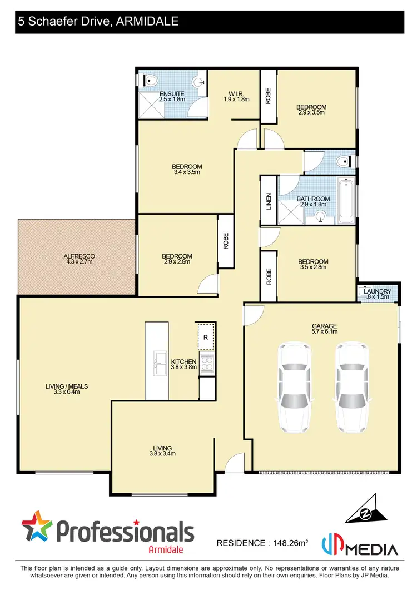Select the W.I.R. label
[233, 96]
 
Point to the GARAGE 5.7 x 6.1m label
[324, 329]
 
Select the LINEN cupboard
[269, 200]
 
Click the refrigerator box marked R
[206, 336]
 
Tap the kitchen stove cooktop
[206, 364]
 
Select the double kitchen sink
[160, 363]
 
